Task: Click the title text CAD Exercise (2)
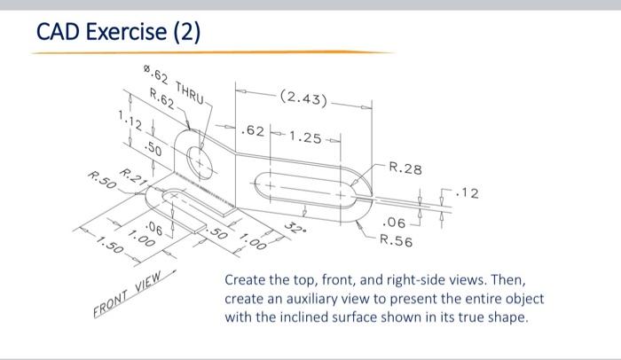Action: point(119,33)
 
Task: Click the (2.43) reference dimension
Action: point(303,98)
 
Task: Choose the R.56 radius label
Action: point(396,240)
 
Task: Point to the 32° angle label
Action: point(294,228)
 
